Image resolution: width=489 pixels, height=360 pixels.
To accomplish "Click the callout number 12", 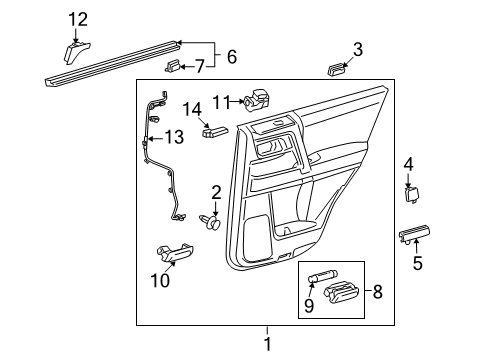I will point(77,18).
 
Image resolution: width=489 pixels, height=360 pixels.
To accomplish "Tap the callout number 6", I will point(231,56).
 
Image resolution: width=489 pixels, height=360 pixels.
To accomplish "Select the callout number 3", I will point(357,48).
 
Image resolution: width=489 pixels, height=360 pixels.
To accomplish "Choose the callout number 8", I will point(376,294).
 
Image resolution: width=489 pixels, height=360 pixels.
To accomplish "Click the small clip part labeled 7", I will point(173,67).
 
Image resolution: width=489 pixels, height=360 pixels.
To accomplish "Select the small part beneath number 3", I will point(335,70).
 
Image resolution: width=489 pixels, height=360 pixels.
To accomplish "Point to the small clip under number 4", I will point(411,194).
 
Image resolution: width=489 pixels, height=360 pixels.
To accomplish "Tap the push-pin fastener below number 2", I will point(212,222).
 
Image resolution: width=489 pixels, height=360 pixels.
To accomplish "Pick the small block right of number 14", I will point(217,128).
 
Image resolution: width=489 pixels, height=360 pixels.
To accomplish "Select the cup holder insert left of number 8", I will point(342,295).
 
